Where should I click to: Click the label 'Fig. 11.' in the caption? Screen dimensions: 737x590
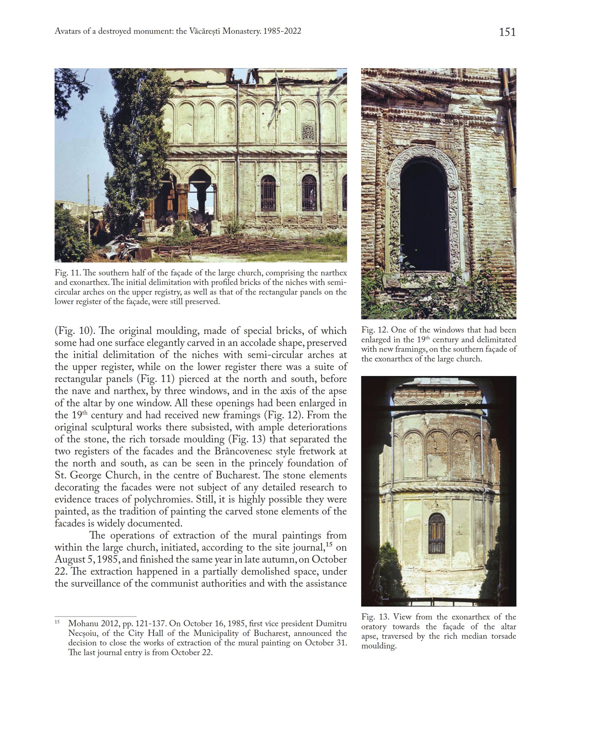point(67,273)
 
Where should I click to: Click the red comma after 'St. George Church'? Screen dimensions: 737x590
point(139,476)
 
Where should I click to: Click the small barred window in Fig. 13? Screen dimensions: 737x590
point(436,534)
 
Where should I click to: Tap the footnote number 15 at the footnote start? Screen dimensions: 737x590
point(57,622)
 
